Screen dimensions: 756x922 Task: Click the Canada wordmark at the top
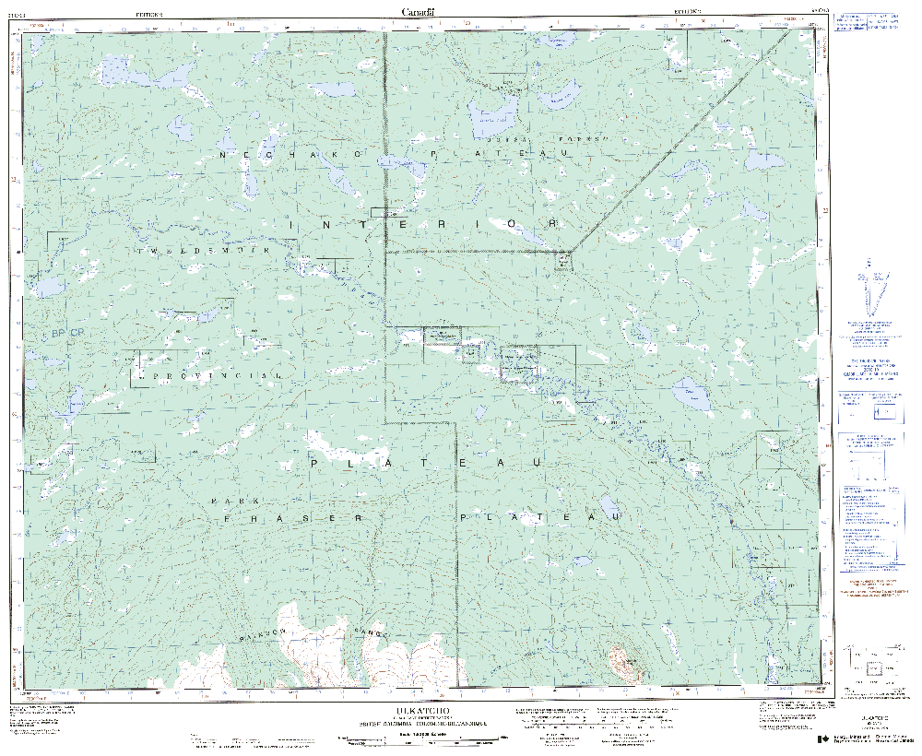click(419, 11)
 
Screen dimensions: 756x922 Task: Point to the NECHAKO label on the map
click(269, 156)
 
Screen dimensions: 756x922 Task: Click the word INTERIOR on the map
click(424, 225)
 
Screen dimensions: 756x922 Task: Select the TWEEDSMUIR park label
click(202, 251)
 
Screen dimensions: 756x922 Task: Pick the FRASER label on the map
click(294, 519)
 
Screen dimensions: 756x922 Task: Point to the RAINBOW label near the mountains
click(267, 633)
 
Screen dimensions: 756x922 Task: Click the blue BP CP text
click(67, 332)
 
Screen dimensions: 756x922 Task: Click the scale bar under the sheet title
click(421, 738)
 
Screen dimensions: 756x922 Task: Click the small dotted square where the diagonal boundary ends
click(562, 263)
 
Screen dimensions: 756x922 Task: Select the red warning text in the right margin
click(871, 586)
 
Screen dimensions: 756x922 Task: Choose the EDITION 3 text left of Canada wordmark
click(148, 15)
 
